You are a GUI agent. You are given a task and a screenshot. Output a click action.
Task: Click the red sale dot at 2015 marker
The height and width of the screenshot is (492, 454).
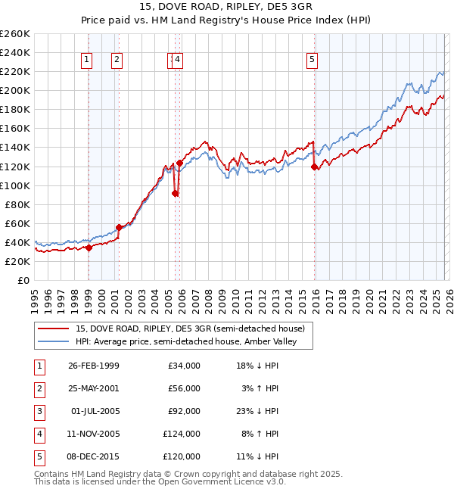(x=314, y=167)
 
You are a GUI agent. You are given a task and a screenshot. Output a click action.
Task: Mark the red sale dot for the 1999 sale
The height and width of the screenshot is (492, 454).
(x=89, y=248)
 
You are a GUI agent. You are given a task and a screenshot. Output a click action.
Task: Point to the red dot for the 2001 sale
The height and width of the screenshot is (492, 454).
(x=119, y=227)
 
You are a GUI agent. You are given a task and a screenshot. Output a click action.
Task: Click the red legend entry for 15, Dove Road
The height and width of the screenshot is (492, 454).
(x=189, y=329)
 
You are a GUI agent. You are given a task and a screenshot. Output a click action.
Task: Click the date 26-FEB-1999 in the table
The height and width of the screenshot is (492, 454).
(x=93, y=366)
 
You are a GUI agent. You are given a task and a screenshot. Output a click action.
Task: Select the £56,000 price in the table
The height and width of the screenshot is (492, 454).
(x=184, y=388)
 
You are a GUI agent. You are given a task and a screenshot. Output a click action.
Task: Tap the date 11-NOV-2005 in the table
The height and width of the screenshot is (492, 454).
(x=93, y=434)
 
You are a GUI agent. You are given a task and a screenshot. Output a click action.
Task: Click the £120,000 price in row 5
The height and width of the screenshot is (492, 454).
(x=182, y=456)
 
